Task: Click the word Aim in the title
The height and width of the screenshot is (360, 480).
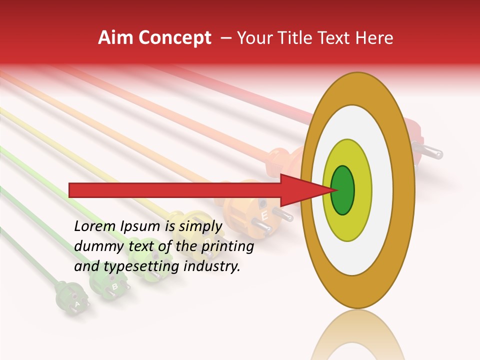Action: click(115, 38)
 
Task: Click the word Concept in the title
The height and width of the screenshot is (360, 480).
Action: click(174, 38)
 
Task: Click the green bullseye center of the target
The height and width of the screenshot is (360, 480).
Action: click(342, 190)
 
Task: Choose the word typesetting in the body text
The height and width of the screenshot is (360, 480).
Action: click(137, 267)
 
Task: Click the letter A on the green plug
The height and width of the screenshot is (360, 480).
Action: click(77, 303)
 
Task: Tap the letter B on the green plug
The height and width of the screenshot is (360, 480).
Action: click(114, 286)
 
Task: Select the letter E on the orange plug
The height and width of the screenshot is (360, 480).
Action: click(264, 216)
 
